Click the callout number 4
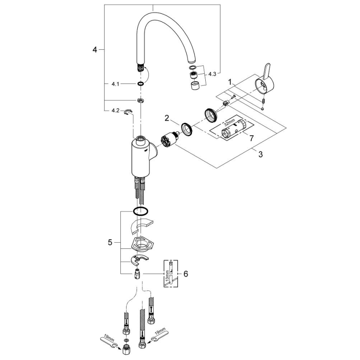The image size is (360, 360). pyautogui.click(x=95, y=50)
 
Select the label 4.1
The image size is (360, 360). pyautogui.click(x=115, y=84)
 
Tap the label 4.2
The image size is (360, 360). pyautogui.click(x=115, y=111)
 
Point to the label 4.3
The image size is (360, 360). pyautogui.click(x=212, y=74)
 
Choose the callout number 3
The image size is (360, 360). pyautogui.click(x=260, y=155)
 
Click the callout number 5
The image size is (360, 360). pyautogui.click(x=110, y=242)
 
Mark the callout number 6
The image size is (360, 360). pyautogui.click(x=185, y=274)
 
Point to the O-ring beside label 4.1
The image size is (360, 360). pyautogui.click(x=141, y=84)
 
